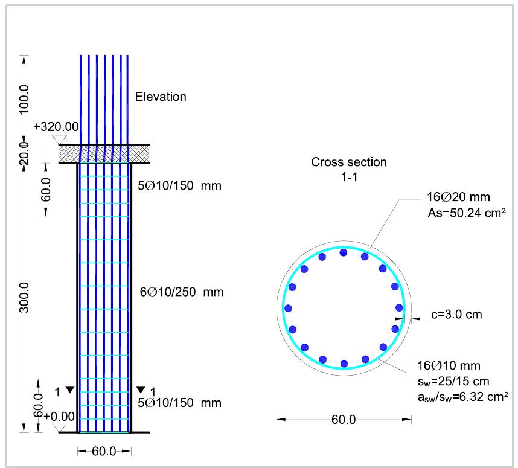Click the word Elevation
[x=161, y=97]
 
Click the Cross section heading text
[x=349, y=162]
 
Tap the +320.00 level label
[x=56, y=127]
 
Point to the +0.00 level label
[x=59, y=417]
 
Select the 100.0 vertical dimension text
[x=24, y=99]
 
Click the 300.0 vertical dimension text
[x=24, y=298]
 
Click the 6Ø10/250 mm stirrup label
[x=182, y=292]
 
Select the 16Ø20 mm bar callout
[x=458, y=197]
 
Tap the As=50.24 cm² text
[x=467, y=213]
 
